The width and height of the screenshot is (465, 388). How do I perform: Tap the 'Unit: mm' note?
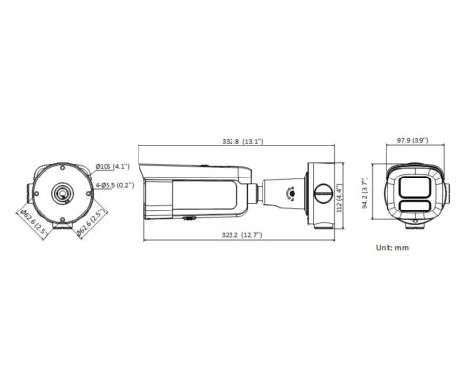pyautogui.click(x=393, y=248)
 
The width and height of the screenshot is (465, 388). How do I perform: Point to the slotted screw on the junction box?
pyautogui.click(x=318, y=195)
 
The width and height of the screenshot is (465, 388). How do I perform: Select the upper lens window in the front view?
pyautogui.click(x=418, y=185)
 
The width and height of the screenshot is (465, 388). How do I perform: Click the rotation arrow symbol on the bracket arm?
pyautogui.click(x=290, y=193)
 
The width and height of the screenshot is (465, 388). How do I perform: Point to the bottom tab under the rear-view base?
pyautogui.click(x=64, y=229)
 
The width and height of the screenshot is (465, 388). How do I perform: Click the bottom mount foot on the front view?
pyautogui.click(x=418, y=222)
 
